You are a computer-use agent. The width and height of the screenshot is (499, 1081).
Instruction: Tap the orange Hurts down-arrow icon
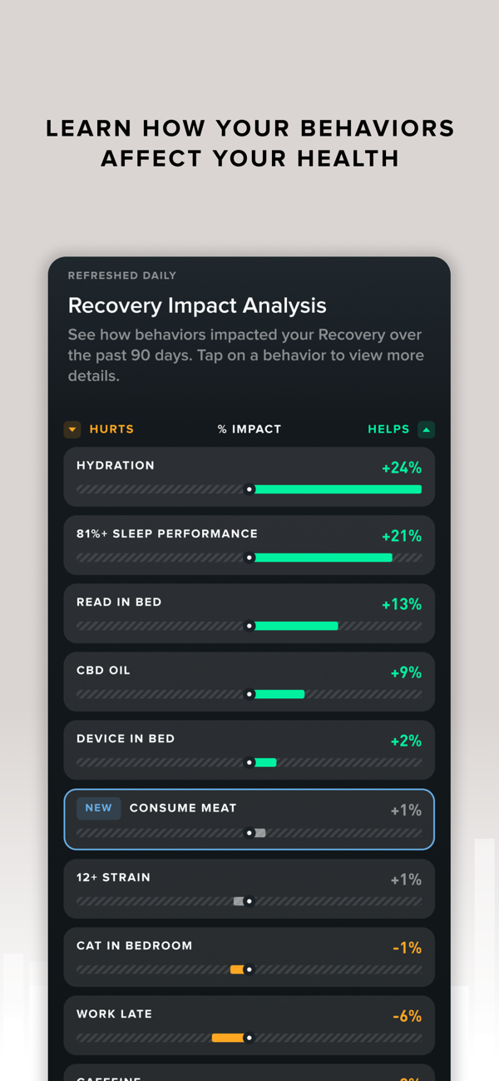(x=72, y=429)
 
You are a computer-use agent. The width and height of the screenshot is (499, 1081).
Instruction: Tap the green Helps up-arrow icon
(x=426, y=429)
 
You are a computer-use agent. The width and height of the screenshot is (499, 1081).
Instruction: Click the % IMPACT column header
(x=249, y=429)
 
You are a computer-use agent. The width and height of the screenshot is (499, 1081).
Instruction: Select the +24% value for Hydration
(x=402, y=469)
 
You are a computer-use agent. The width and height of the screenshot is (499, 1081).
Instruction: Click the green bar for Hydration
(x=338, y=489)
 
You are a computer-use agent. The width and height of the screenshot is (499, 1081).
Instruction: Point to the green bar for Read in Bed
(x=296, y=626)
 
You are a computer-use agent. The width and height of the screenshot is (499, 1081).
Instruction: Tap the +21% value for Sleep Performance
(x=402, y=537)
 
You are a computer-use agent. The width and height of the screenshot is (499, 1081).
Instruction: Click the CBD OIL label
(x=103, y=670)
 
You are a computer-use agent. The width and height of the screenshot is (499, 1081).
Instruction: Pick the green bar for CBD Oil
(x=279, y=694)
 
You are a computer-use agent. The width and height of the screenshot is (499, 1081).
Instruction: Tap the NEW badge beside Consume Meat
(x=98, y=808)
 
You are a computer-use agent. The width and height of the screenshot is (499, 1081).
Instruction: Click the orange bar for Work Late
(x=228, y=1038)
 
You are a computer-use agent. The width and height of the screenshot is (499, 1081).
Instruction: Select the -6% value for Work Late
(x=407, y=1016)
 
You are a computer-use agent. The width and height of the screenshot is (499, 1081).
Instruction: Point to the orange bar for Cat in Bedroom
(x=237, y=969)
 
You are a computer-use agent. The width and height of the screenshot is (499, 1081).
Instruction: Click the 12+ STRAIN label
(x=113, y=877)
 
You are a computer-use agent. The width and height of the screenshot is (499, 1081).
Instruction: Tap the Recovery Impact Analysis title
(x=197, y=305)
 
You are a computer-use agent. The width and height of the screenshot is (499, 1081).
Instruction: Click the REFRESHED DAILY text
(x=122, y=275)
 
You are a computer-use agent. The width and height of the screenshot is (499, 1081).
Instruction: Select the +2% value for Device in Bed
(x=406, y=741)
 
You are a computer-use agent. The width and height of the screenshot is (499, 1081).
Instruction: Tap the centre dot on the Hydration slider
(x=249, y=489)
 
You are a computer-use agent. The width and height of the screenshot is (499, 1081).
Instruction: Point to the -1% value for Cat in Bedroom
(x=407, y=948)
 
